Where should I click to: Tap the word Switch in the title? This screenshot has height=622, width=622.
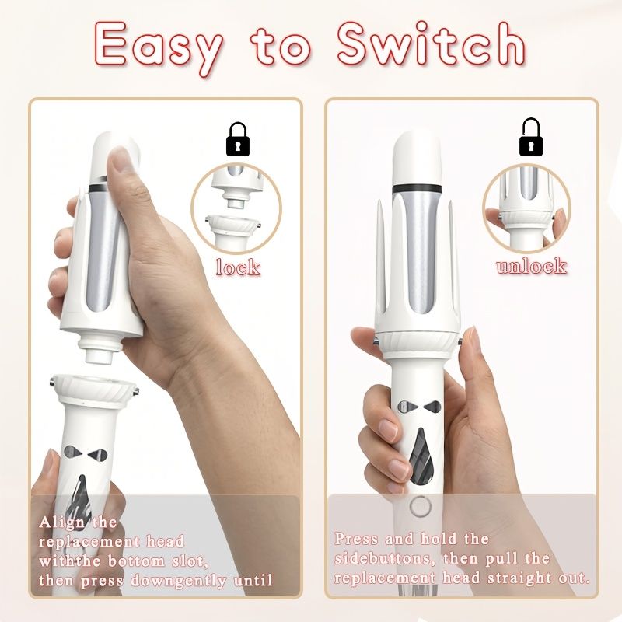click(432, 44)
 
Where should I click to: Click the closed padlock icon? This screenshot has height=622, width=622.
click(238, 139)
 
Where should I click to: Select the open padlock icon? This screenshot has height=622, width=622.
click(530, 137)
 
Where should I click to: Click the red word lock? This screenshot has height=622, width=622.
click(238, 267)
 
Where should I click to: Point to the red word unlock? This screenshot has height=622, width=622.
click(531, 265)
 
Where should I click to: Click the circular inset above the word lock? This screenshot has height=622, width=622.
click(236, 208)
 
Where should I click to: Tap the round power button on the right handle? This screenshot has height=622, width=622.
click(421, 507)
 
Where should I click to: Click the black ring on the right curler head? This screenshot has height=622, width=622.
click(417, 188)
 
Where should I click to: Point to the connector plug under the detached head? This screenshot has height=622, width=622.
click(100, 349)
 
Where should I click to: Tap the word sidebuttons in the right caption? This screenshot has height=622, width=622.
click(382, 558)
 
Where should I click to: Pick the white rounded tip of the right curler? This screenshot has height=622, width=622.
click(417, 158)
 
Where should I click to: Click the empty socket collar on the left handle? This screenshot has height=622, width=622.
click(94, 390)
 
